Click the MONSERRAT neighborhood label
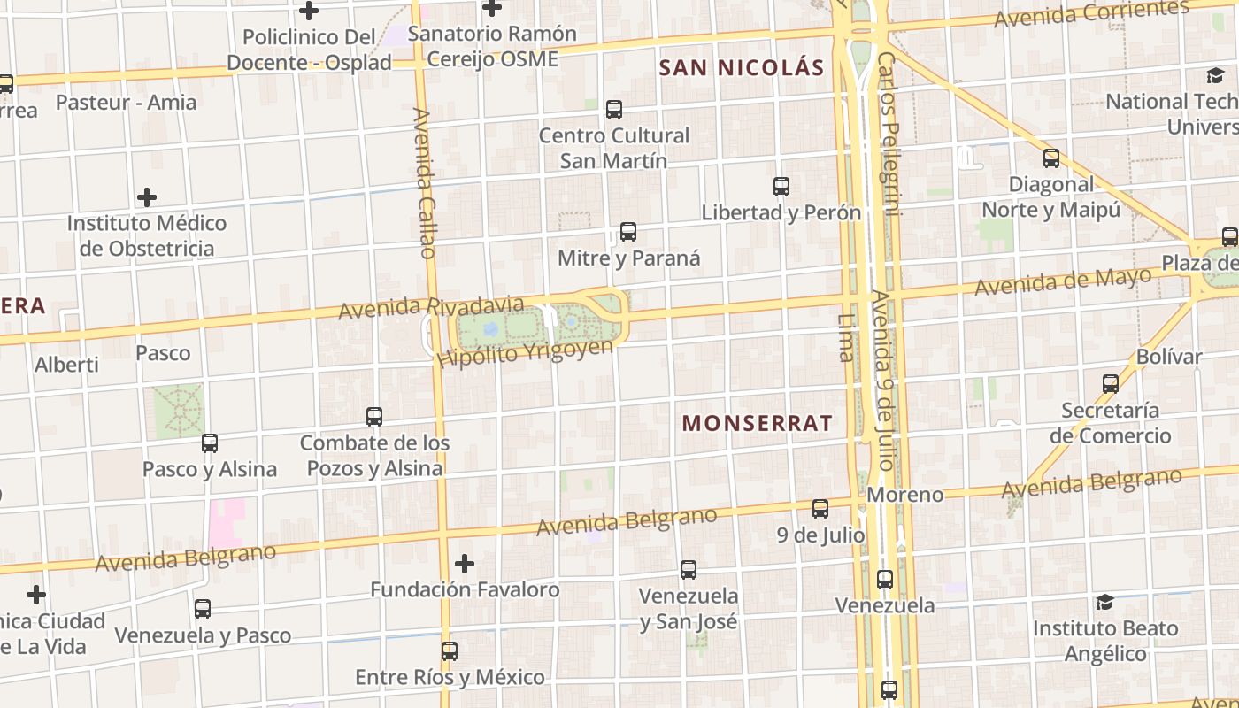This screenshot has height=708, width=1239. click(758, 423)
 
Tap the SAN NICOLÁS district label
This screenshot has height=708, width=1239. click(742, 67)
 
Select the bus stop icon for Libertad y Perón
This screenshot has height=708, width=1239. click(781, 187)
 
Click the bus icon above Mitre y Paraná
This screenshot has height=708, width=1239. click(628, 232)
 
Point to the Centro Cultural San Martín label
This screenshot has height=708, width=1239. click(614, 148)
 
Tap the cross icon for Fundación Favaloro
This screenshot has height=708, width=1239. click(465, 564)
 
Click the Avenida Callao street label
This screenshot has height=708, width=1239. click(425, 183)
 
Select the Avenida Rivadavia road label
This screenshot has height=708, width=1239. click(431, 306)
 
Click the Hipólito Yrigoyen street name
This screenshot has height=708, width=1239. click(526, 352)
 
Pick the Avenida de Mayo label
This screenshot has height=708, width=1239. click(1063, 282)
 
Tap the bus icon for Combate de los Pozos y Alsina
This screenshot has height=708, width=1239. click(374, 416)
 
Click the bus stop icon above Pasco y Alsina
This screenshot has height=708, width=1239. click(210, 443)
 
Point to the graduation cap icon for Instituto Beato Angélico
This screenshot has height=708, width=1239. click(1104, 603)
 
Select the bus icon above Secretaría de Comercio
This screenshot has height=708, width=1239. click(1111, 384)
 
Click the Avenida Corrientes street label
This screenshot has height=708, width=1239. click(1091, 13)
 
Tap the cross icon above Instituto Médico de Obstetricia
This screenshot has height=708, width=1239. click(147, 196)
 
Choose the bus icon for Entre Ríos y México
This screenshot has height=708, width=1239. click(450, 651)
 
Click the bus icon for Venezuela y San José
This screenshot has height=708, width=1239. click(689, 570)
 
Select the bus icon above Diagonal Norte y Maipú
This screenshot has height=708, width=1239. click(1051, 158)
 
